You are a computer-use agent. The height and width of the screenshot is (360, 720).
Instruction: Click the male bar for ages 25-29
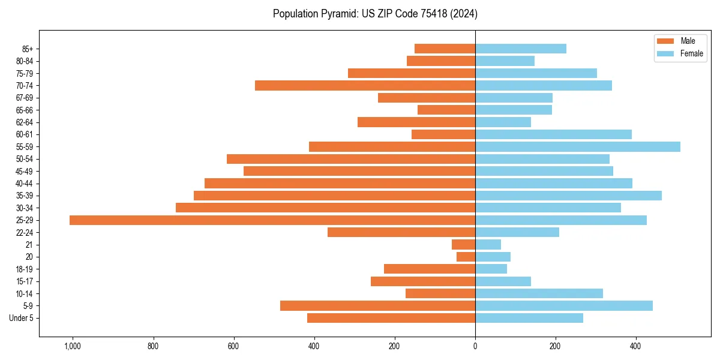pos(272,220)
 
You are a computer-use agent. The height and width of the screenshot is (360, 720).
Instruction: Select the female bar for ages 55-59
pos(577,147)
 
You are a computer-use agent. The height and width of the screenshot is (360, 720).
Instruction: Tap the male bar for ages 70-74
pos(365,86)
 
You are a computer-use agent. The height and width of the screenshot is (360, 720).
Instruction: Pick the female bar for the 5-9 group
pos(563,306)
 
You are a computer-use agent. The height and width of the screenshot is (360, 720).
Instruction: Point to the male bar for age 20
pos(466,257)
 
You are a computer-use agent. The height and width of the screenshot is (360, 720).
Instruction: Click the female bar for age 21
pos(488,245)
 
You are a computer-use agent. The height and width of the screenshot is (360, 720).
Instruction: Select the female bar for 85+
pos(520,49)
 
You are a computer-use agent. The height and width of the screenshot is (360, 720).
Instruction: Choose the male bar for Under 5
pos(391,318)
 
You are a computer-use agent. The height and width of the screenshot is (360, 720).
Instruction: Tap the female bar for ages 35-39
pos(568,196)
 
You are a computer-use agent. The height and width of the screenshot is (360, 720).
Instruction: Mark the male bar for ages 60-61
pos(443,134)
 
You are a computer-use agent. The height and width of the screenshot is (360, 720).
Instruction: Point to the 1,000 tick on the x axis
pos(73,346)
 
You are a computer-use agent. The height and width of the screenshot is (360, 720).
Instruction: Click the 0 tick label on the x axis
pos(475,346)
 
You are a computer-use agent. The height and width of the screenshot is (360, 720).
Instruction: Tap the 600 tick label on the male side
pos(233,346)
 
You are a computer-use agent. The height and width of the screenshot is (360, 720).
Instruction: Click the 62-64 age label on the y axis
pos(25,122)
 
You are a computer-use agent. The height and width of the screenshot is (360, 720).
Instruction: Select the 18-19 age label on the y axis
pos(25,269)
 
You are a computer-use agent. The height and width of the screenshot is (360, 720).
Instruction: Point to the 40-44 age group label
pos(25,184)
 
